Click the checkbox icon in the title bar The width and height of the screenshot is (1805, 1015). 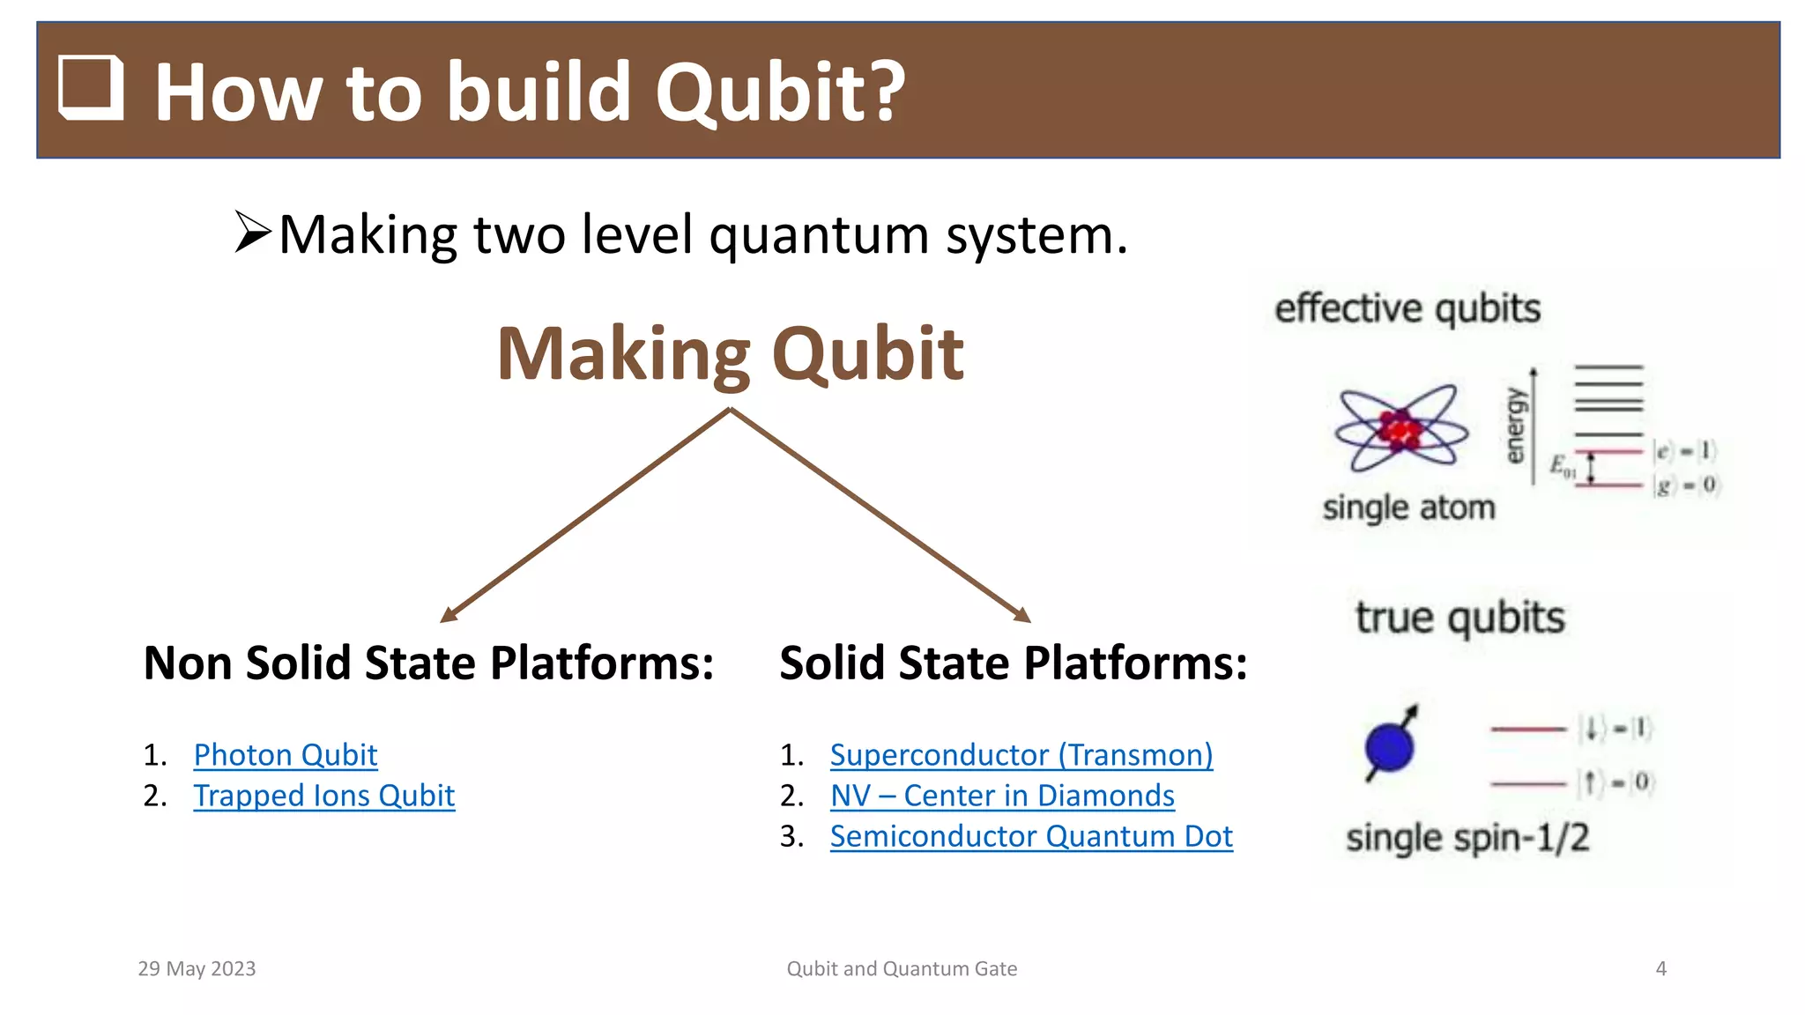[x=91, y=87]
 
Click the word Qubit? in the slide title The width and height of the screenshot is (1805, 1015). [x=780, y=92]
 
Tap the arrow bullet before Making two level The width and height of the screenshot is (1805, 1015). [x=253, y=233]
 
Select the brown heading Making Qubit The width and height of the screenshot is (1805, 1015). [x=730, y=354]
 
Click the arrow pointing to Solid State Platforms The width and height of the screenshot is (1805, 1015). [x=880, y=516]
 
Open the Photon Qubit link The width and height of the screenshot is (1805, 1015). [x=285, y=755]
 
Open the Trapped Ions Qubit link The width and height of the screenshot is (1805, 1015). [x=323, y=796]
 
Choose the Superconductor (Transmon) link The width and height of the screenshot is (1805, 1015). [x=1021, y=755]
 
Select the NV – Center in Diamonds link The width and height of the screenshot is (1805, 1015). [x=1002, y=796]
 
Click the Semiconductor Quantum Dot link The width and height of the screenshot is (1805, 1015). [x=1030, y=836]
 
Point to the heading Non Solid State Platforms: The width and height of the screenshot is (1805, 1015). [x=428, y=663]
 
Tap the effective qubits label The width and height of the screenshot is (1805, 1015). [x=1408, y=309]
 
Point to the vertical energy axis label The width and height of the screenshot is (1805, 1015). [x=1514, y=426]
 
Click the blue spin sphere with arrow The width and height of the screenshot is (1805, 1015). [x=1390, y=745]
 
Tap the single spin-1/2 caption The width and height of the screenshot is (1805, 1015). [x=1467, y=838]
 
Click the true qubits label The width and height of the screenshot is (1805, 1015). [x=1460, y=618]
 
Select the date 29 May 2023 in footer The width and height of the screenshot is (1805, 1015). [x=197, y=969]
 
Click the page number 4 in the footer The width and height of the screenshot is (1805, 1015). [x=1660, y=969]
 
